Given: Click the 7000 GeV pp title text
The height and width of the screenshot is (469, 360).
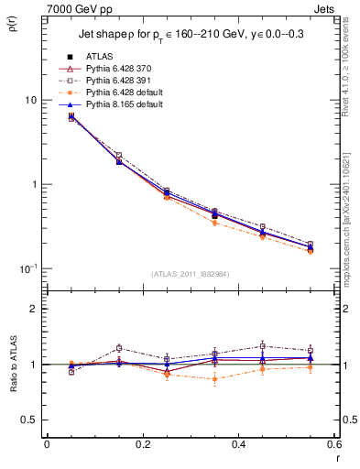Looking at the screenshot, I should [x=71, y=7].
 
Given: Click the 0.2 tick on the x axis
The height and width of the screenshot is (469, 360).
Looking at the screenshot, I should [x=142, y=444].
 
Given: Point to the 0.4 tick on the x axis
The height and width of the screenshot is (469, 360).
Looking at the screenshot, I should [x=237, y=444].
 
